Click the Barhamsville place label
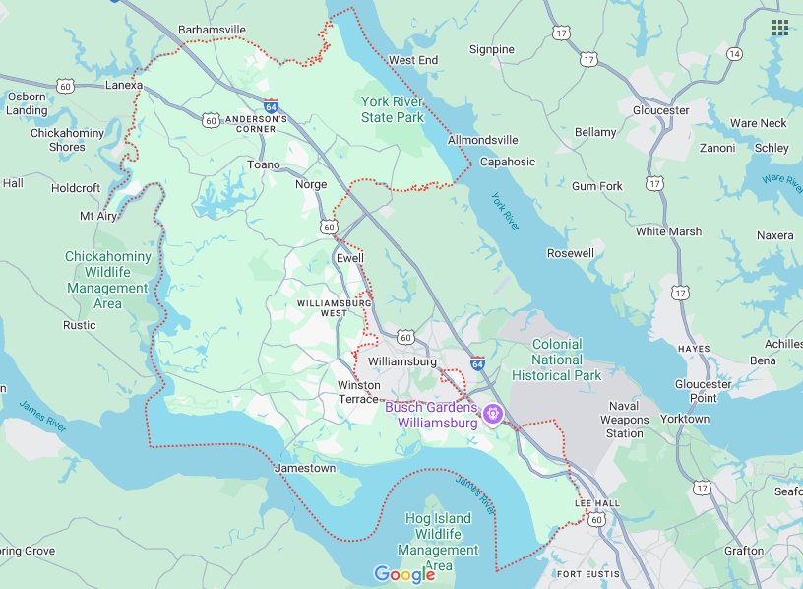pos(212,31)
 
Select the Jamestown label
pos(306,468)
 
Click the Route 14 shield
pos(734,54)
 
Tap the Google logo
pos(403,574)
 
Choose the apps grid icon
pos(780,27)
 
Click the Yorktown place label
pos(684,419)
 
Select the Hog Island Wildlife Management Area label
pos(438,542)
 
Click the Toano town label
pos(264,164)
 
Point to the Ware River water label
pos(780,181)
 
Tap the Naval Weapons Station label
pos(625,420)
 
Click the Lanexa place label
pos(124,86)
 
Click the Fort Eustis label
pos(587,573)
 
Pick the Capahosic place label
pos(508,162)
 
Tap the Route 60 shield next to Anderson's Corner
pos(211,120)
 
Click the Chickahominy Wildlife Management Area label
pos(108,280)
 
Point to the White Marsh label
pos(668,231)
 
